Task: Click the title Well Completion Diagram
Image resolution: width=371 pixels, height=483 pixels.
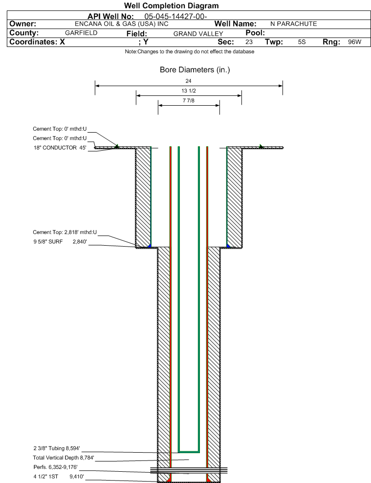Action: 171,6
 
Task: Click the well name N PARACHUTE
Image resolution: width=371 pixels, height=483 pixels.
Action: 293,24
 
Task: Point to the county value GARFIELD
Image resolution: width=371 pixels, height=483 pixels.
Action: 81,33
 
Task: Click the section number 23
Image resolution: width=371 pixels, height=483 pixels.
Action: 249,42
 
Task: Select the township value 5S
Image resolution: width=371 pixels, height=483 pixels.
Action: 302,42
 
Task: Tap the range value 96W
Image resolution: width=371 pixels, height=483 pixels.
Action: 354,42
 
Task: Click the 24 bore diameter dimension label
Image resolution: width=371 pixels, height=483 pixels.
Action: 189,81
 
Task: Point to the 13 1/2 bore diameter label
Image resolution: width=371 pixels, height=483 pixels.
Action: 189,91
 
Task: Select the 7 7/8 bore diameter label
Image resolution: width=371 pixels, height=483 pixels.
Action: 189,101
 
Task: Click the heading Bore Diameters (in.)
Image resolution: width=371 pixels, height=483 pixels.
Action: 195,70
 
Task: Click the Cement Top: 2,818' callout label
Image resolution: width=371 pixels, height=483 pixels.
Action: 65,232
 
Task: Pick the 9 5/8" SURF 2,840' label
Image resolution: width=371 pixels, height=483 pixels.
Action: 60,241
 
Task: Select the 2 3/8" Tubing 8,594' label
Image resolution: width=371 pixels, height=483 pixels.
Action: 56,448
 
